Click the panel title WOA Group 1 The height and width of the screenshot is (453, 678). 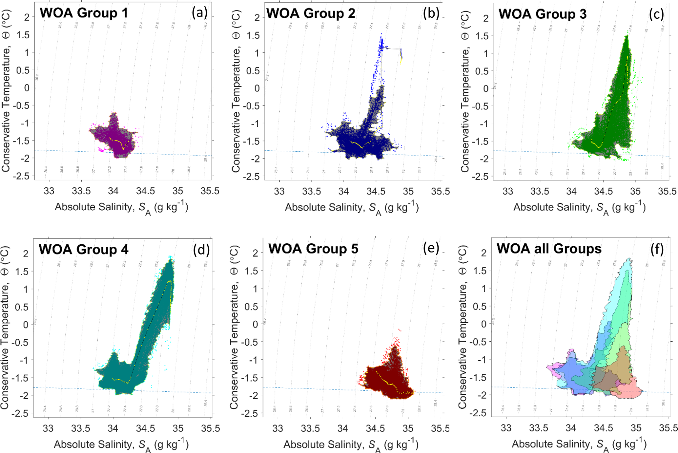[84, 13]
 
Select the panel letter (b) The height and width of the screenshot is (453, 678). [431, 13]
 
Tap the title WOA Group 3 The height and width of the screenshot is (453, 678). [542, 14]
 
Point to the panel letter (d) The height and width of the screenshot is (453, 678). [201, 250]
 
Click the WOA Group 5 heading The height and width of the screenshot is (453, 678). [313, 249]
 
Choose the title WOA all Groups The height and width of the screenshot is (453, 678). [549, 249]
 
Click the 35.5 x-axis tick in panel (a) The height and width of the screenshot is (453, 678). [210, 191]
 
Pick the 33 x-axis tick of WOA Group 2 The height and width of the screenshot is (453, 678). [279, 191]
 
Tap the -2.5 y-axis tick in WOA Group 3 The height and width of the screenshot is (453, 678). [480, 176]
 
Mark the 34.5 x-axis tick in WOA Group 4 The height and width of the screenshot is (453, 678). [146, 428]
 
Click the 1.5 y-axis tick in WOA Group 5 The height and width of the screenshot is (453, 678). [251, 271]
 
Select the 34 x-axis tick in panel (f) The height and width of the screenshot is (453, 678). [571, 428]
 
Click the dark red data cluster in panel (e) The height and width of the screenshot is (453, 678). [387, 380]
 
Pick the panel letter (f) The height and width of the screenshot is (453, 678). [657, 250]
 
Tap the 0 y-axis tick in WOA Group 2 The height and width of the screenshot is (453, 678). [257, 88]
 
